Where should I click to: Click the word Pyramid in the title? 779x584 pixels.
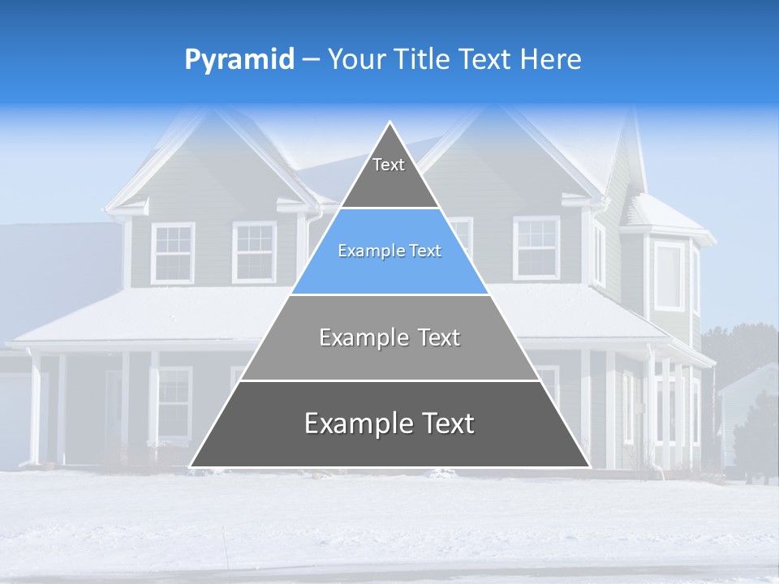[239, 60]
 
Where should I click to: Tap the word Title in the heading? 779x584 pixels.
[423, 59]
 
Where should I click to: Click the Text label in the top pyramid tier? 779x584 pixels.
[389, 165]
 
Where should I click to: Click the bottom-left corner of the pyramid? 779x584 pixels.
[191, 466]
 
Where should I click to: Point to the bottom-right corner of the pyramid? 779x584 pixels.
[589, 466]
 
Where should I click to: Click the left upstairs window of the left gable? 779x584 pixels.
[173, 252]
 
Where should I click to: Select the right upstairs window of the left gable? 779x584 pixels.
[254, 251]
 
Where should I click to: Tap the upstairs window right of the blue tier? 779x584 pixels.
[536, 248]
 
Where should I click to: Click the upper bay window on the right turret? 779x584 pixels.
[669, 276]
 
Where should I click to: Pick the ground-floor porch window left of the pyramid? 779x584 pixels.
[174, 402]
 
